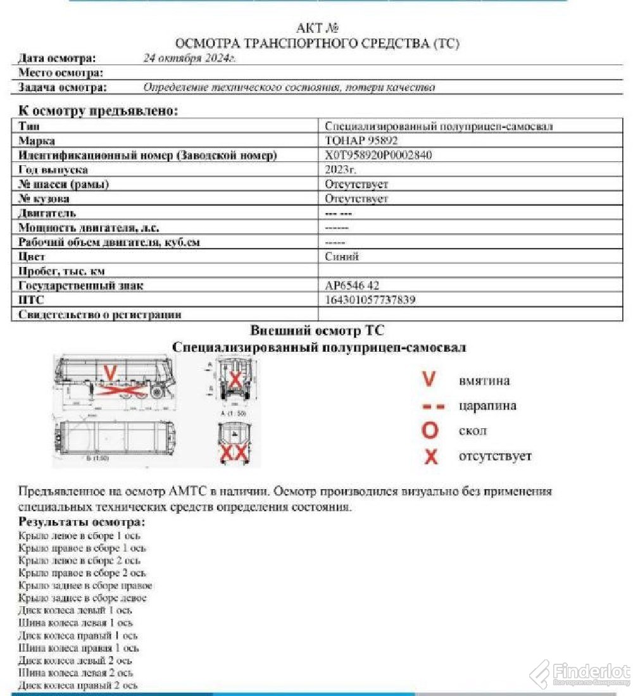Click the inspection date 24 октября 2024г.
tap(190, 58)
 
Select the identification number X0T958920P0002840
tap(378, 155)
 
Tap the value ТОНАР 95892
tap(361, 140)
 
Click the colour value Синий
tap(342, 256)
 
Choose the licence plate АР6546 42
tap(352, 285)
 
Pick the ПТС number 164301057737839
tap(370, 300)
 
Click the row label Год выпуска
tap(53, 170)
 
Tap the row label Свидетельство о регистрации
tap(100, 314)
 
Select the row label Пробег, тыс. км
tap(61, 271)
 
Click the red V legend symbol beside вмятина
tap(429, 380)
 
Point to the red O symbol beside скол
tap(430, 431)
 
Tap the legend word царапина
tap(487, 406)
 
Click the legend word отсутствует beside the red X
tap(495, 456)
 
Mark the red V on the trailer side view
tap(110, 375)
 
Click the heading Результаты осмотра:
tap(82, 522)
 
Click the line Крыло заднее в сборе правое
tap(85, 585)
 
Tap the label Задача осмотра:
tap(62, 87)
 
